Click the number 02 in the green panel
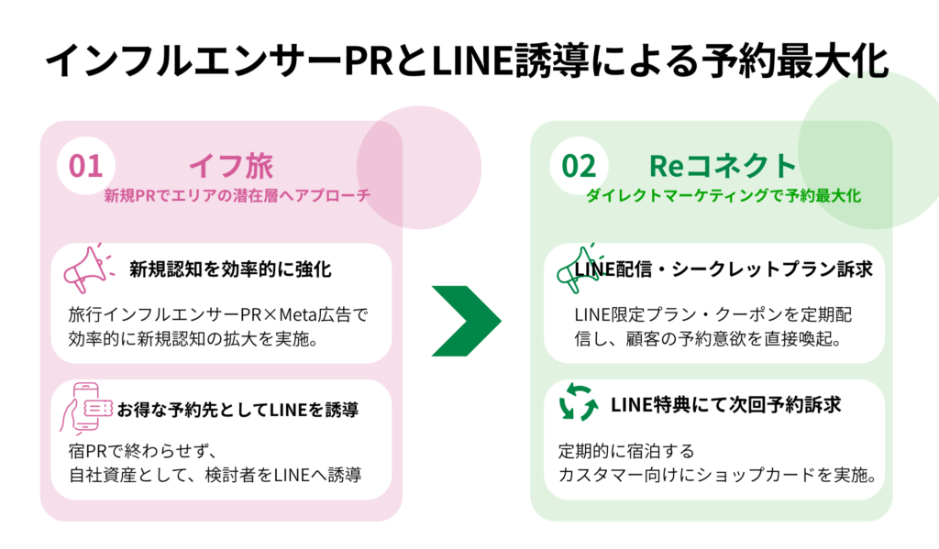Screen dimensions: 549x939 [x=579, y=166]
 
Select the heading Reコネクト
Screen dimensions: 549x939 [x=723, y=166]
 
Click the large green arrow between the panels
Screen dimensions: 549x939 [x=467, y=320]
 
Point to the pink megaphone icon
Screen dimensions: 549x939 [x=86, y=268]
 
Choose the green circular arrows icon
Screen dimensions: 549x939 [x=579, y=405]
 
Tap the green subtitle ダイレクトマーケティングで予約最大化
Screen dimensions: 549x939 [x=724, y=195]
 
